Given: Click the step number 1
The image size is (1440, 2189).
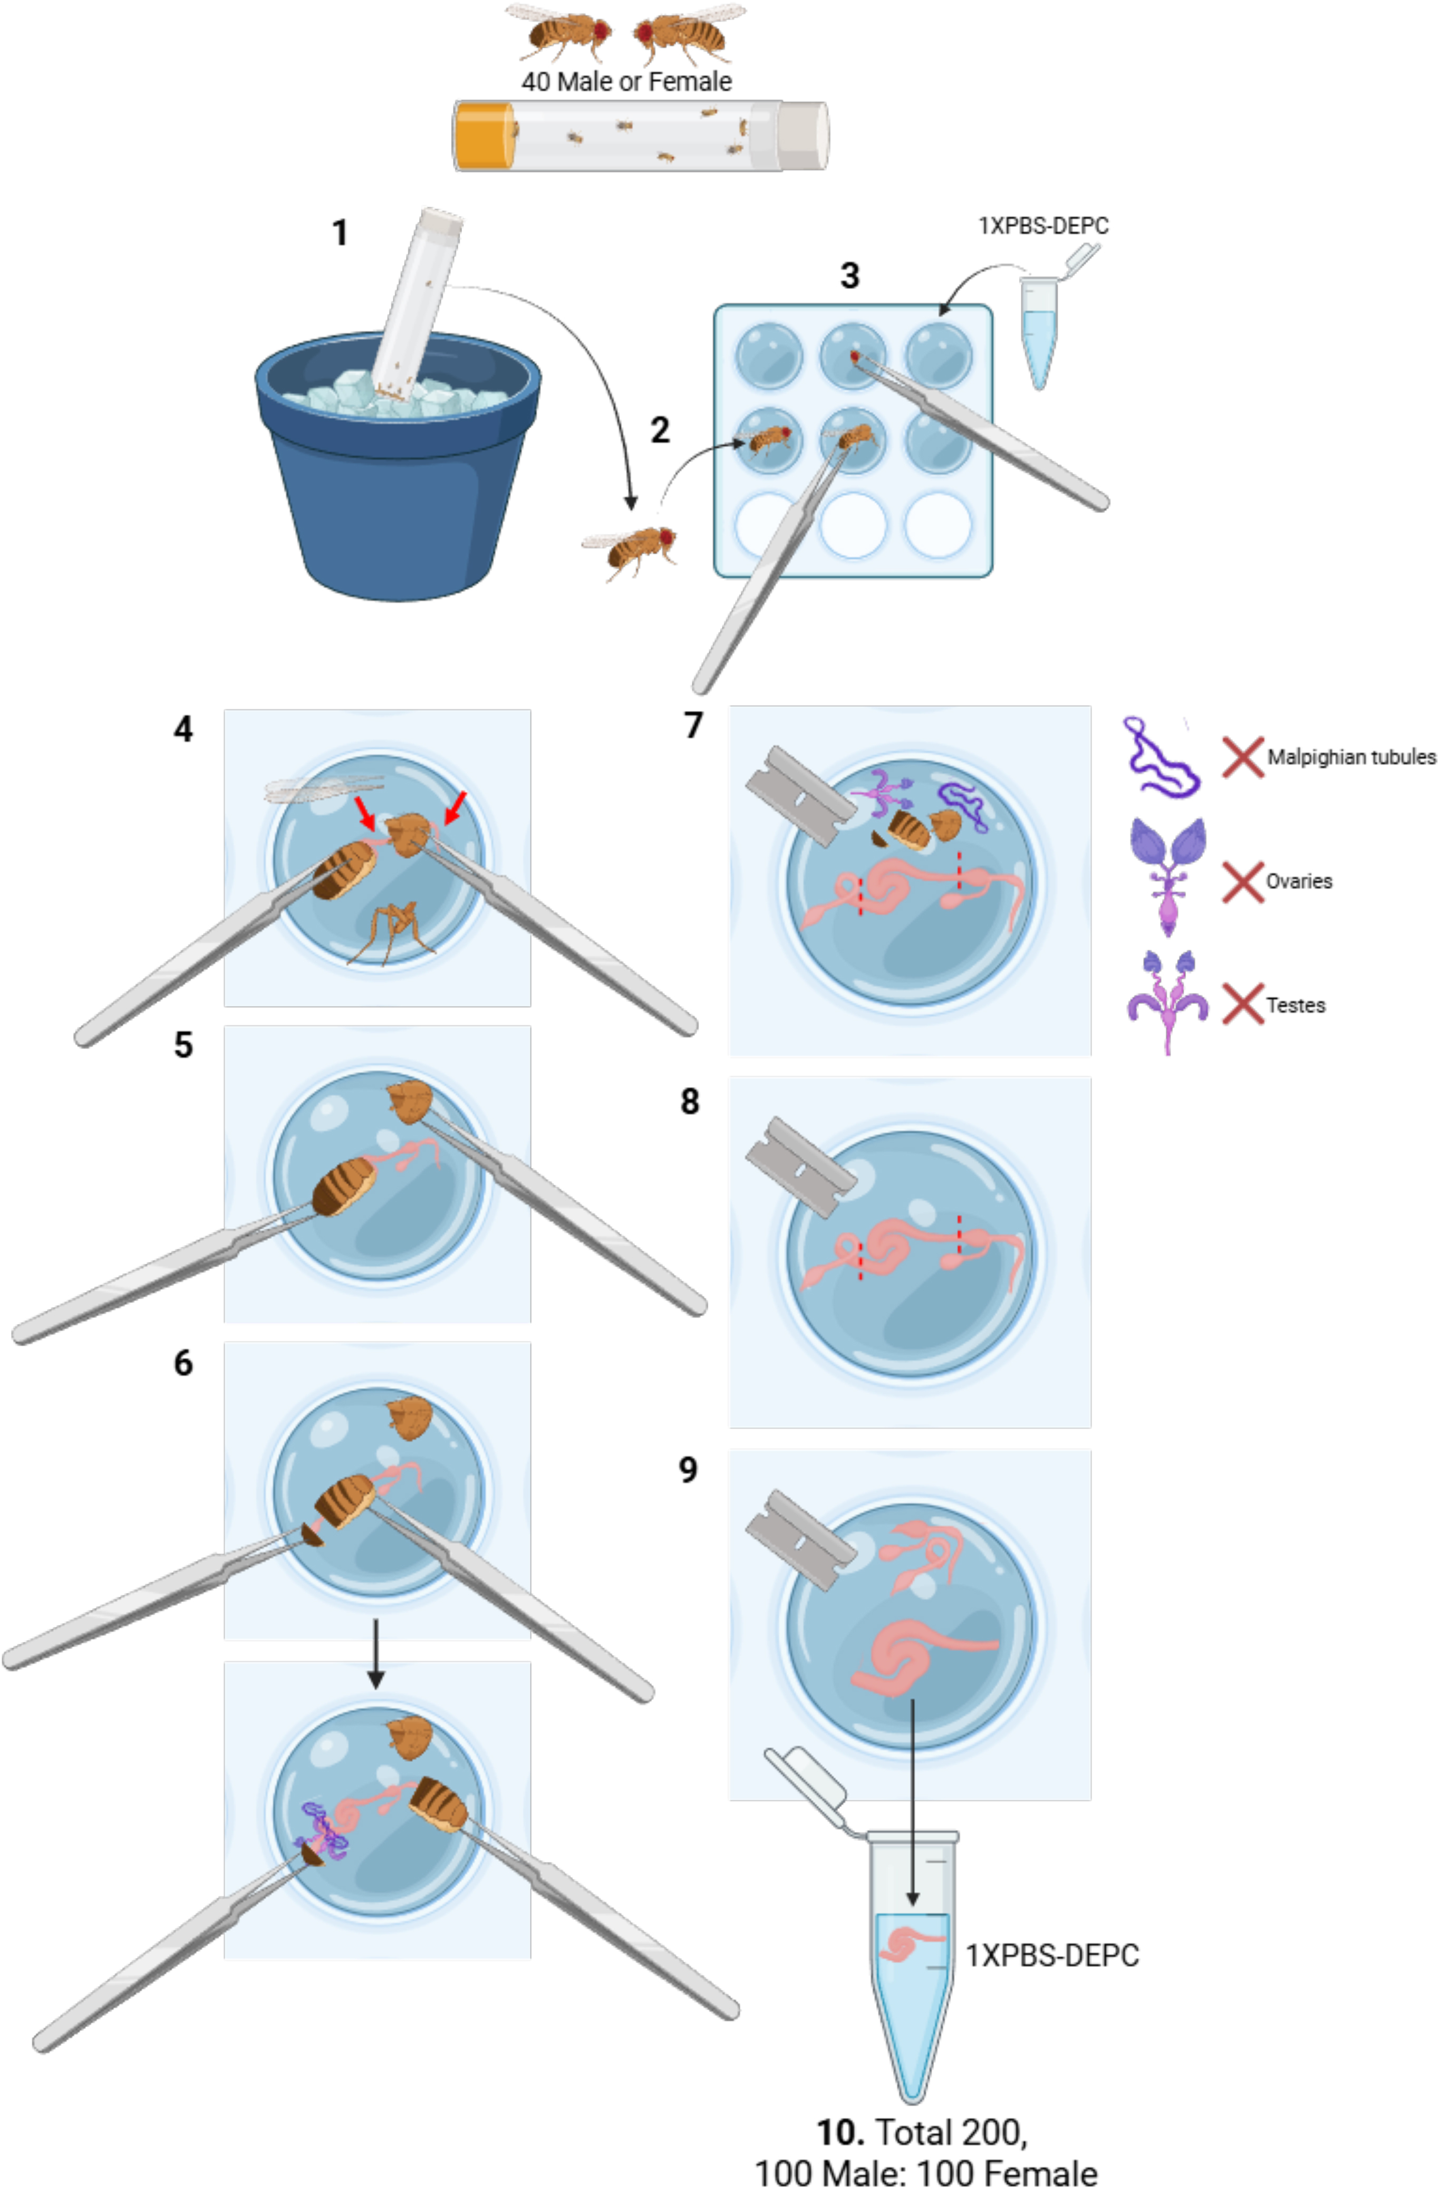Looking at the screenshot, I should point(340,233).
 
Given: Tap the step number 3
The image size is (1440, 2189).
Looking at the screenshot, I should point(849,275).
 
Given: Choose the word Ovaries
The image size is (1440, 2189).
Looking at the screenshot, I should point(1298,881).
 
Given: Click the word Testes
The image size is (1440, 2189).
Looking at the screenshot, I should point(1296,1005).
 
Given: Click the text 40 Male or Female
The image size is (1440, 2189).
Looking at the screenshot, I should point(626,82).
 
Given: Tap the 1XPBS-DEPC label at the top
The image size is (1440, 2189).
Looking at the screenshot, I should point(1043,225).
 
